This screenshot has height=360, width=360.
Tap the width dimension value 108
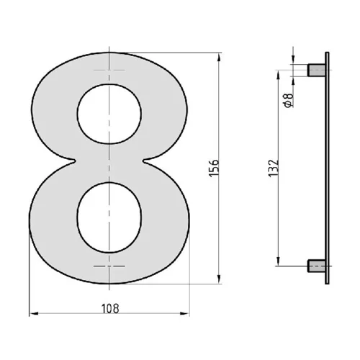[110, 307]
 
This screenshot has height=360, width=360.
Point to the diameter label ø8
[288, 101]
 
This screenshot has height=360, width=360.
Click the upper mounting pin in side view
[316, 70]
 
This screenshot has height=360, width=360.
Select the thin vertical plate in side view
[328, 168]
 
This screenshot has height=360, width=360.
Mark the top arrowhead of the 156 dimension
[219, 56]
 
